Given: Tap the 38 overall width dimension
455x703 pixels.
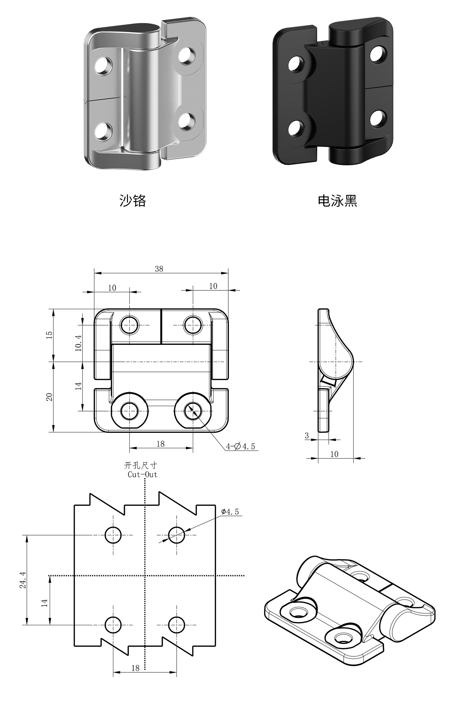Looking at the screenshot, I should tap(159, 269).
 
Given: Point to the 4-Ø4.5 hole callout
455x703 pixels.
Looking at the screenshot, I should tap(240, 446).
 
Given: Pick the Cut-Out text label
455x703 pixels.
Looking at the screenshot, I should tap(142, 475).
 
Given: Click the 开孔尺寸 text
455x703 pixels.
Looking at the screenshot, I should tap(141, 466).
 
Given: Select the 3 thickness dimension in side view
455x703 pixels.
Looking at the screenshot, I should tap(307, 436).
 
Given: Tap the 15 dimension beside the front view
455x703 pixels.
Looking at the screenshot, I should tap(49, 335).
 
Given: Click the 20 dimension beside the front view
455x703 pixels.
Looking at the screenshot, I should tap(49, 397).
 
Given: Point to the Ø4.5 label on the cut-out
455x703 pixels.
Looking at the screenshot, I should tap(230, 512).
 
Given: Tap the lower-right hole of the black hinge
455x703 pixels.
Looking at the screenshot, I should tap(378, 118).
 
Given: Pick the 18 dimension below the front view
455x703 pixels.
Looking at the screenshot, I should tap(160, 444).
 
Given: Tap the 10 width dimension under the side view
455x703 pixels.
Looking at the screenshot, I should tap(334, 454).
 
